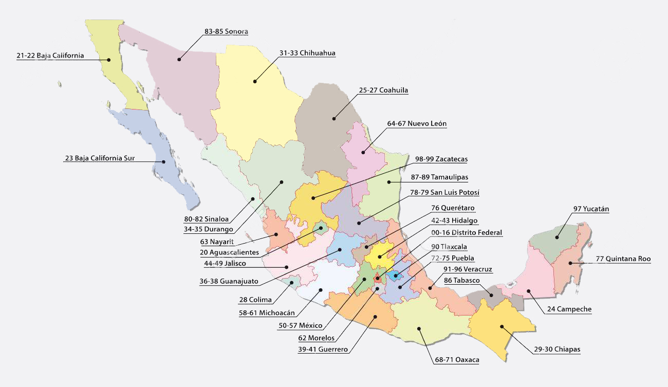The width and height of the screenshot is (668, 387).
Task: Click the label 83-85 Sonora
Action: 226,31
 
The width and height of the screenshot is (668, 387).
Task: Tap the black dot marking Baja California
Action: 109,60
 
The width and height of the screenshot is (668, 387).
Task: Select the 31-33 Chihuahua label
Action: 307,53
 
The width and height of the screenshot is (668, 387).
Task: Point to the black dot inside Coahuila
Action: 334,119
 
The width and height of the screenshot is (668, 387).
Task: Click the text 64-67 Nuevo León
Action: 417,124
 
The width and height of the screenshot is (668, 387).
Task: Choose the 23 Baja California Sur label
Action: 100,158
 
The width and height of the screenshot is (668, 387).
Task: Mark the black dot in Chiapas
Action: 501,326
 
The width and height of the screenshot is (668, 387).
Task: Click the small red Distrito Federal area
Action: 378,279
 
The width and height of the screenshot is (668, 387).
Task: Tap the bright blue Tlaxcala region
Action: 394,276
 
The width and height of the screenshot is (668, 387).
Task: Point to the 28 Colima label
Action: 255,300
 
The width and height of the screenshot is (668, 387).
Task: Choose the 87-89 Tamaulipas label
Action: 439,177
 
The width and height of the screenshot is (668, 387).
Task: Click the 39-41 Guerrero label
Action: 323,349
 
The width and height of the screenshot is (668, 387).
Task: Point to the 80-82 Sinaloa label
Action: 207,219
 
